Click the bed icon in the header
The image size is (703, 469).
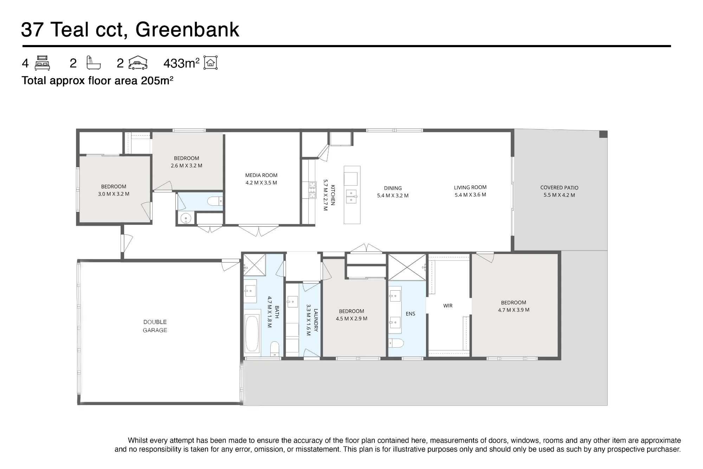point(43,63)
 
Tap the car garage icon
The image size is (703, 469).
point(138,63)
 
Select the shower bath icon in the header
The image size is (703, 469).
point(93,63)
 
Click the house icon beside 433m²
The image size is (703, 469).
point(211,63)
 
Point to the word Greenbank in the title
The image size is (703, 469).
point(187,30)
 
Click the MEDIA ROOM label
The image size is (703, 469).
point(261,175)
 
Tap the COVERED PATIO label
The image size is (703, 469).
point(559,188)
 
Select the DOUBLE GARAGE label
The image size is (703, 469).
point(155,326)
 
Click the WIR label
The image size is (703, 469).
point(448,306)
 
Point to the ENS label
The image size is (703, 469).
point(411,314)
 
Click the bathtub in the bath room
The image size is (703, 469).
point(252,334)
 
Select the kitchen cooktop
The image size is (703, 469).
point(312,190)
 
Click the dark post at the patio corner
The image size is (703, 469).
point(603,134)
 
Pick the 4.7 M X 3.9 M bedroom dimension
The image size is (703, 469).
point(514,310)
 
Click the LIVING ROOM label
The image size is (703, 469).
point(470,188)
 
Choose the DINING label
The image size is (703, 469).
point(393,188)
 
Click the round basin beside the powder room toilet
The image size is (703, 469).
point(186,218)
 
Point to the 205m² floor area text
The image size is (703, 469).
point(157,81)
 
